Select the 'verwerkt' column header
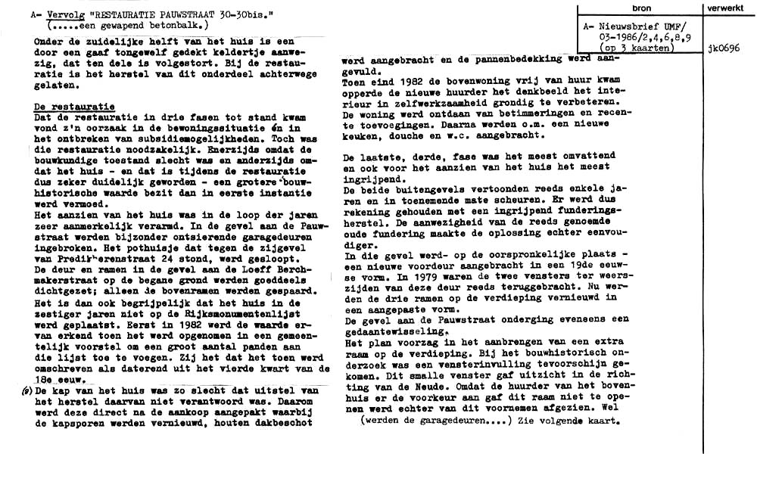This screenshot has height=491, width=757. click(x=730, y=8)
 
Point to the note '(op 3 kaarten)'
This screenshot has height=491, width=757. click(x=630, y=47)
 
